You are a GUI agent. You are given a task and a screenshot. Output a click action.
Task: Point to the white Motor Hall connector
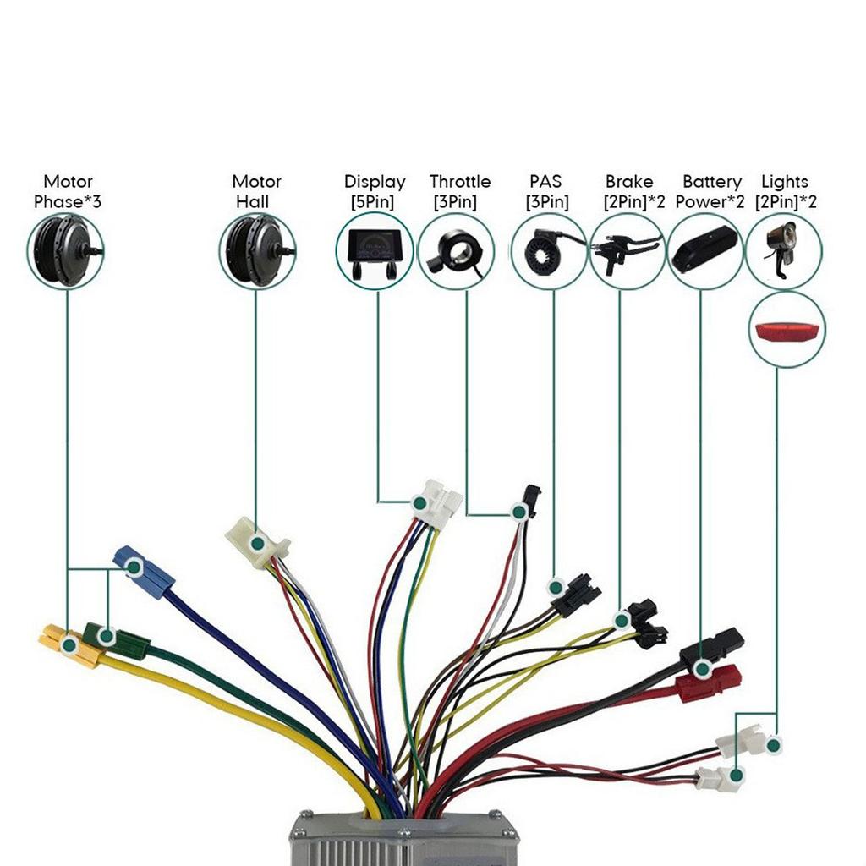[x=257, y=542]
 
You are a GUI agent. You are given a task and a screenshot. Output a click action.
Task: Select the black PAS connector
[x=575, y=591]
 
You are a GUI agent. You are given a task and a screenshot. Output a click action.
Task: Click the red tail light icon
[x=787, y=331]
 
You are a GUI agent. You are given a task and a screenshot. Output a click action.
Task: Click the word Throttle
[x=459, y=182]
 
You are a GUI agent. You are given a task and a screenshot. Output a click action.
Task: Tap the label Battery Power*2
[x=712, y=192]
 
